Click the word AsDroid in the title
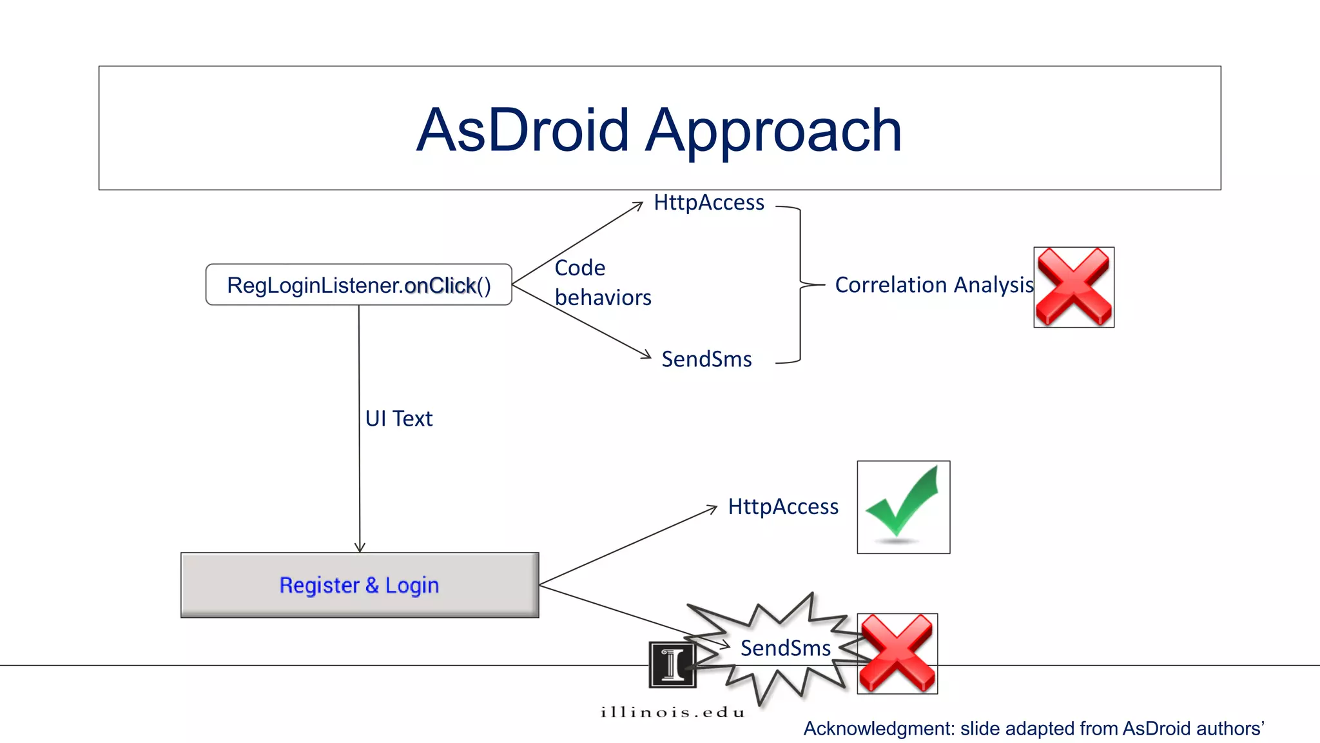(x=522, y=130)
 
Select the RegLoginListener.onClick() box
(x=358, y=284)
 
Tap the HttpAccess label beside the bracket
(x=709, y=203)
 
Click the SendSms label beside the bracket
(x=706, y=359)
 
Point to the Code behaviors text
(x=602, y=282)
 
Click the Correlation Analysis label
(x=933, y=284)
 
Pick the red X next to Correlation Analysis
(x=1074, y=287)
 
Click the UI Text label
(x=398, y=419)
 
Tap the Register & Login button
(x=360, y=585)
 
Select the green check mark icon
(x=903, y=507)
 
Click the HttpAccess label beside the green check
(x=783, y=507)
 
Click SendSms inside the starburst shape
(x=785, y=648)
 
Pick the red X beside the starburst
(x=897, y=653)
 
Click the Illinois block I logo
(x=672, y=665)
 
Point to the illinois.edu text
(x=672, y=712)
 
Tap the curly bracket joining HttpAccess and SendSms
(x=801, y=284)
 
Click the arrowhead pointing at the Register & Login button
(x=360, y=547)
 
